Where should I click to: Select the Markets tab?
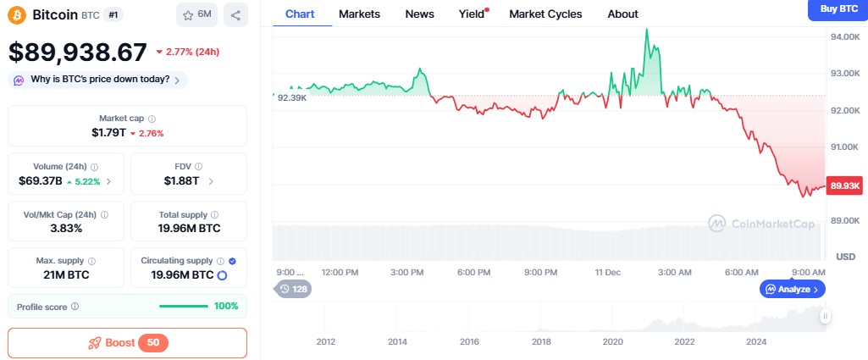pyautogui.click(x=359, y=14)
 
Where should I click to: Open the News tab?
pyautogui.click(x=419, y=14)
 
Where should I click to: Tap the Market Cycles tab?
pyautogui.click(x=545, y=14)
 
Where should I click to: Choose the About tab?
pyautogui.click(x=622, y=14)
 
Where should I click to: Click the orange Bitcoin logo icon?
pyautogui.click(x=17, y=14)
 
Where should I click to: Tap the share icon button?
pyautogui.click(x=235, y=14)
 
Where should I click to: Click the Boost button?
pyautogui.click(x=127, y=343)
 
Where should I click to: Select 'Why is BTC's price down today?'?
pyautogui.click(x=98, y=80)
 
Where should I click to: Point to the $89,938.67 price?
pyautogui.click(x=78, y=53)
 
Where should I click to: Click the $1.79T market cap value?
pyautogui.click(x=108, y=133)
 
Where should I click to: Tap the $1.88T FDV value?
pyautogui.click(x=182, y=180)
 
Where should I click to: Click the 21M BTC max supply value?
pyautogui.click(x=66, y=275)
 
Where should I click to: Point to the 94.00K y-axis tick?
pyautogui.click(x=845, y=37)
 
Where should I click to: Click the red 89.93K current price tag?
pyautogui.click(x=845, y=186)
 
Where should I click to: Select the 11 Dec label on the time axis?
pyautogui.click(x=607, y=272)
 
